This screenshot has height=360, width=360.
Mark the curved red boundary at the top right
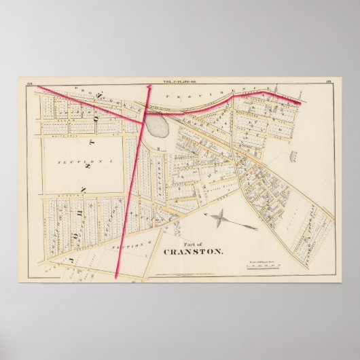(258, 96)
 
